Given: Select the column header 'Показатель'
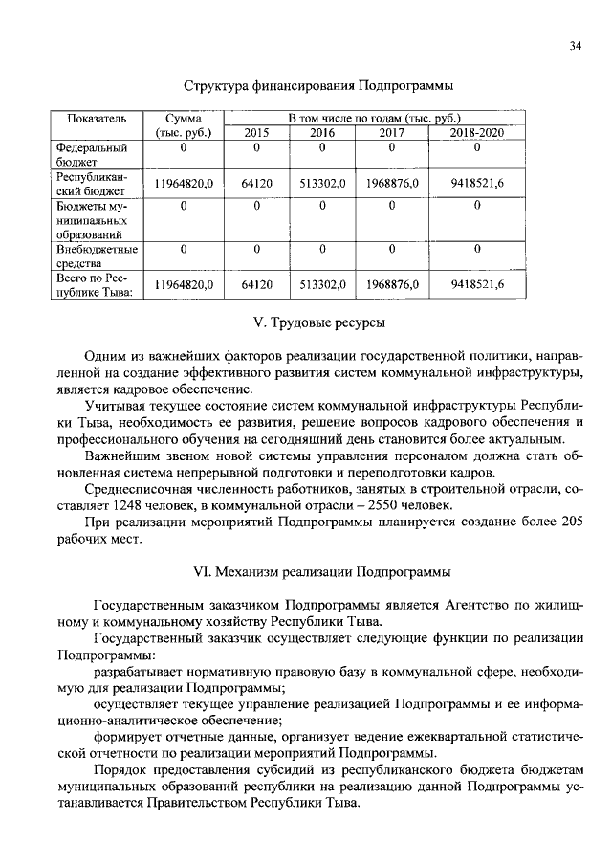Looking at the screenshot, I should pos(96,118).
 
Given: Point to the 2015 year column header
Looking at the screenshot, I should pos(257,133).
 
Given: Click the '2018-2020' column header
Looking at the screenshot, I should pos(476,133).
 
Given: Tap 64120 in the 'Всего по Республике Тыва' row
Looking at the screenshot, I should pos(257,285).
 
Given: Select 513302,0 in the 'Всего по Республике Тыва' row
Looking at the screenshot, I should pos(321,285).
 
